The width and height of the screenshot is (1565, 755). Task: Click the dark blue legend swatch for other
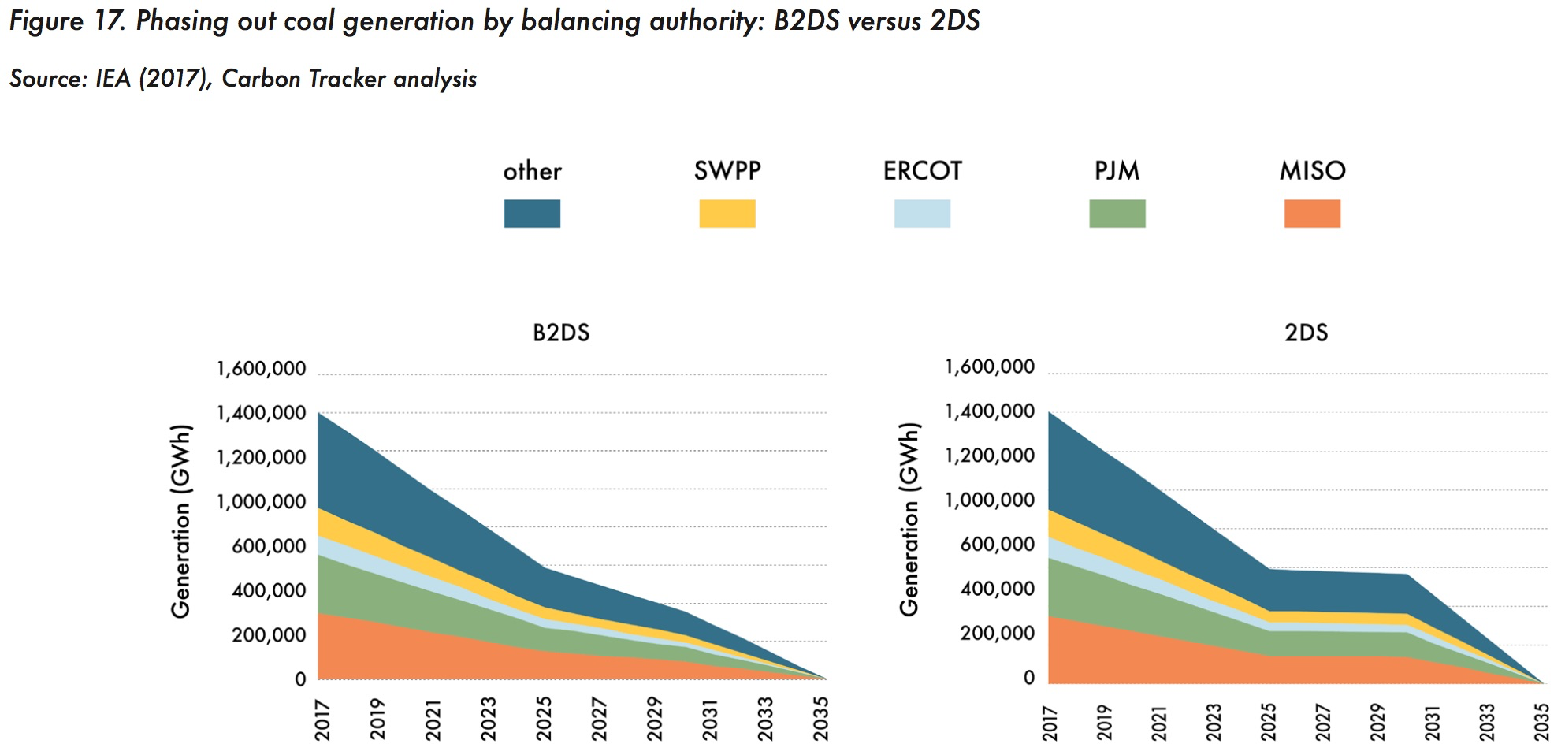[532, 214]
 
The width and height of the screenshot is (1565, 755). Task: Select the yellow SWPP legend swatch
[727, 214]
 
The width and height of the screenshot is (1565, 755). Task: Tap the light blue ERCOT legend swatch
[922, 214]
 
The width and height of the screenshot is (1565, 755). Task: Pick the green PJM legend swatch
[1117, 214]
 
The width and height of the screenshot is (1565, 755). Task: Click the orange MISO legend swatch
[1312, 214]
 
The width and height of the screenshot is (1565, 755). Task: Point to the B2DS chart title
[561, 333]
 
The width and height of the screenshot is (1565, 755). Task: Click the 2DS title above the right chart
[1306, 333]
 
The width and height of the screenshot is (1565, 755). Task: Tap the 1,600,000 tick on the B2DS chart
[262, 369]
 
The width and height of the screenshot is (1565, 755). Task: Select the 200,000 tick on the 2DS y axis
[997, 634]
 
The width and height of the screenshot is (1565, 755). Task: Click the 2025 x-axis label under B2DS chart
[545, 718]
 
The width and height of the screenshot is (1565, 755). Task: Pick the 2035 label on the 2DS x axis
[1541, 721]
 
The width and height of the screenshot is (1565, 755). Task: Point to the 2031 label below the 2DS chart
[1432, 721]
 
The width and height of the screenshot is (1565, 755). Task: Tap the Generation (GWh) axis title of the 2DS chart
[909, 519]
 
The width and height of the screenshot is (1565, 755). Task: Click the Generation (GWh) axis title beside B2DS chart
[180, 522]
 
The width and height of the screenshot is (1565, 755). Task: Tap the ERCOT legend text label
[922, 171]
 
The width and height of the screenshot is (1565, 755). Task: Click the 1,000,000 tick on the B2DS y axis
[262, 502]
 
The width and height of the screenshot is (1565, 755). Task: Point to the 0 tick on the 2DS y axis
[1029, 678]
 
